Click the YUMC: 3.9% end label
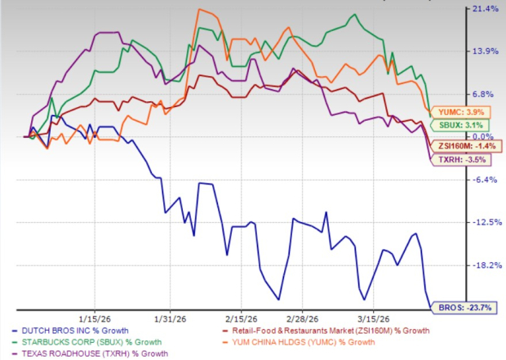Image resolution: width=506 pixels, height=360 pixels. point(452,111)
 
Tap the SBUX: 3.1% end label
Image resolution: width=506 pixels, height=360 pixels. point(452,124)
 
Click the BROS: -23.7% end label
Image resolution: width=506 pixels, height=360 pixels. point(452,307)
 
